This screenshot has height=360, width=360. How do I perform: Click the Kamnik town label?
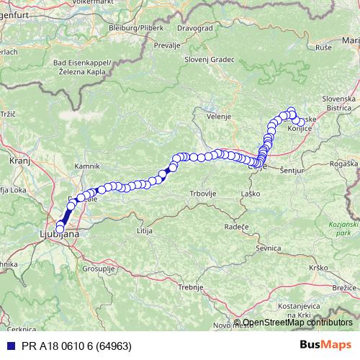[86, 166]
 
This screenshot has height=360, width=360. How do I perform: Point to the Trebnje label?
[192, 287]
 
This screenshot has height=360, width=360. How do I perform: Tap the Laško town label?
[250, 194]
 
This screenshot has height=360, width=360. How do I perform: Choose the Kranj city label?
[19, 163]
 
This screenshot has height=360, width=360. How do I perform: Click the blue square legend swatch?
[10, 346]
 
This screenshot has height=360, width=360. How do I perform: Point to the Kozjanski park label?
[338, 229]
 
